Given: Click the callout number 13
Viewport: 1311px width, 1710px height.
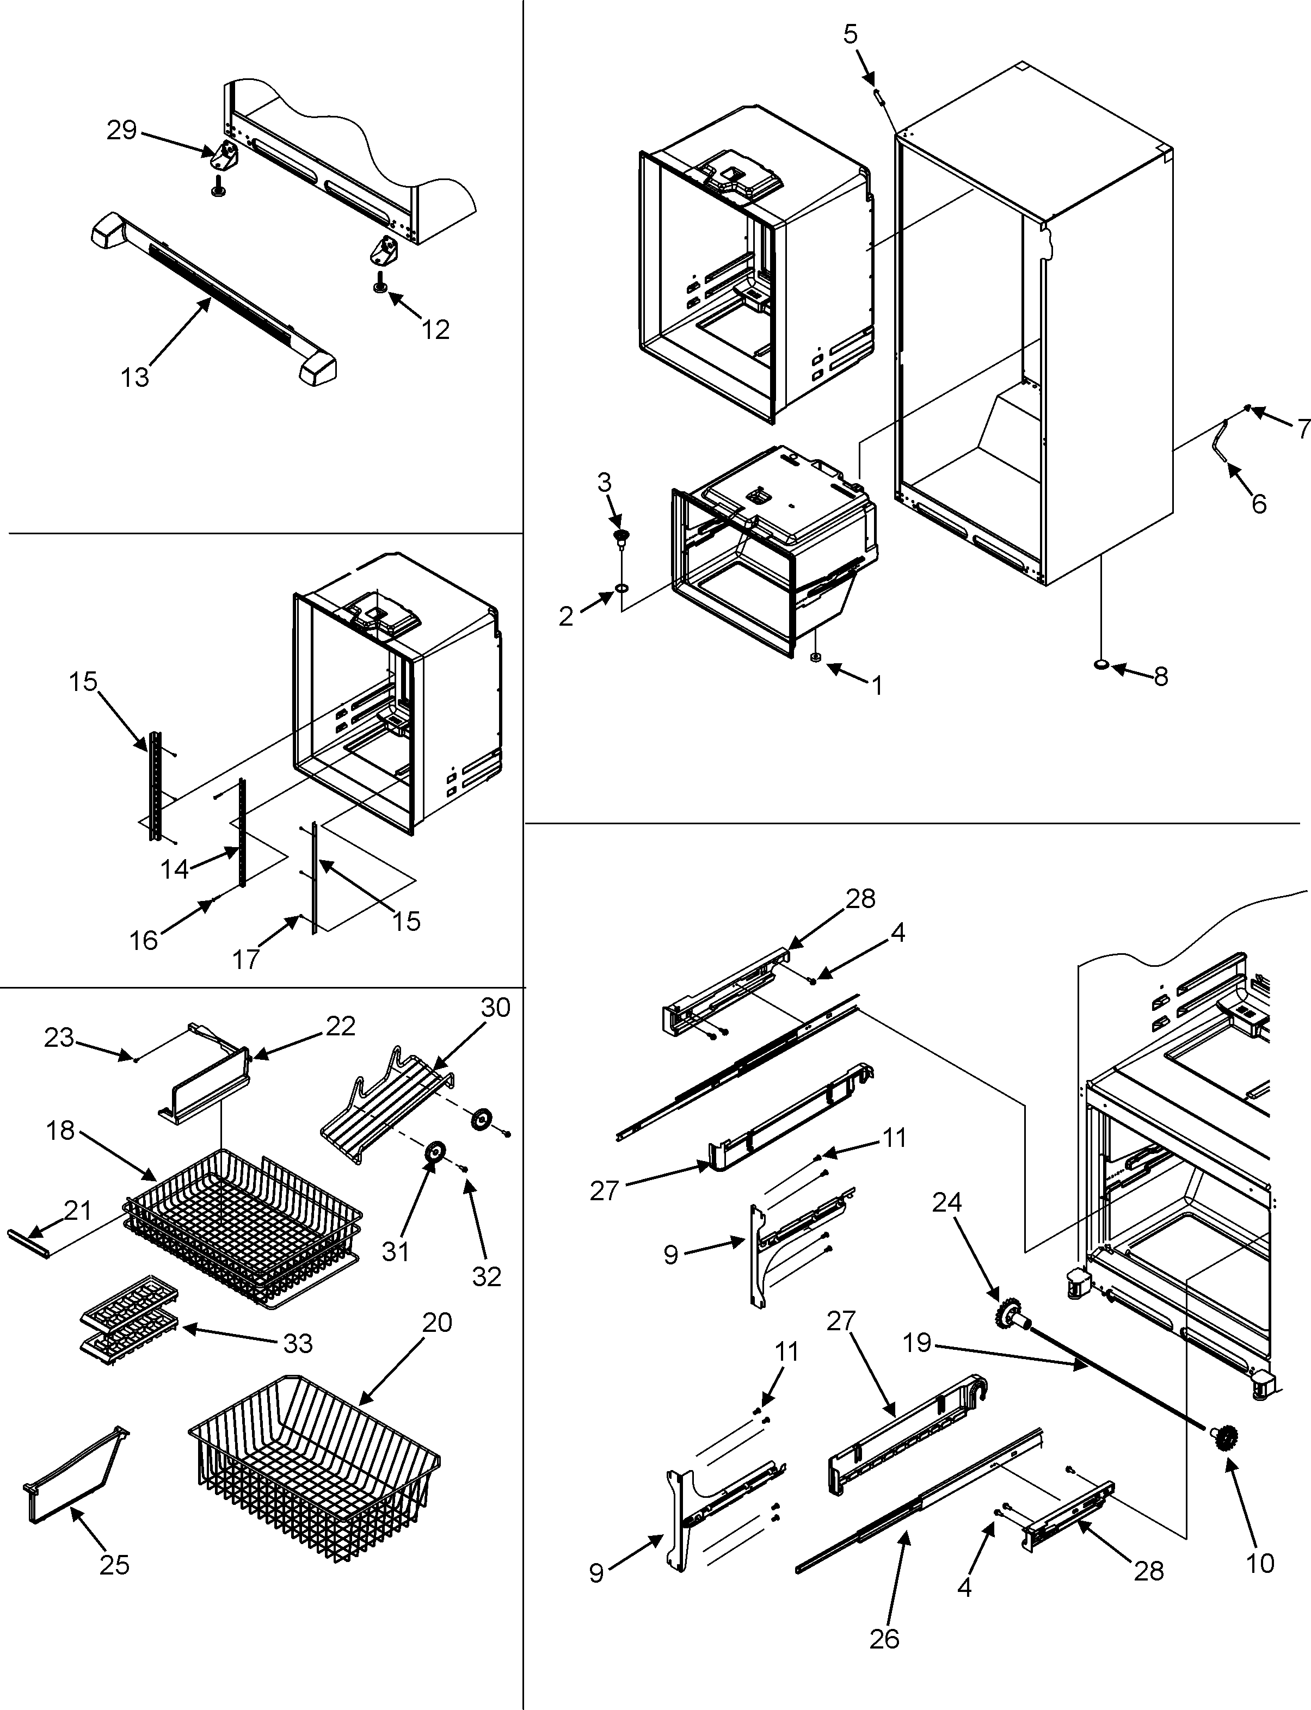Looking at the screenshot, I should (134, 378).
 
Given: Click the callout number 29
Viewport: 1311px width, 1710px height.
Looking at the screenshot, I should (122, 129).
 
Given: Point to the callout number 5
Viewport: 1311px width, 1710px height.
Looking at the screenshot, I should (851, 34).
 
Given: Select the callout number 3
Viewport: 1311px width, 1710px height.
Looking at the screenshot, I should (604, 483).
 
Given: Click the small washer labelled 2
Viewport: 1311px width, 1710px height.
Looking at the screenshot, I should (622, 586).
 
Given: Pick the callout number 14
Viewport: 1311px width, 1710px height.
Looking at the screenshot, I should (174, 868).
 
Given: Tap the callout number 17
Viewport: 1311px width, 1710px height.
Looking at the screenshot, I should (246, 958).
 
